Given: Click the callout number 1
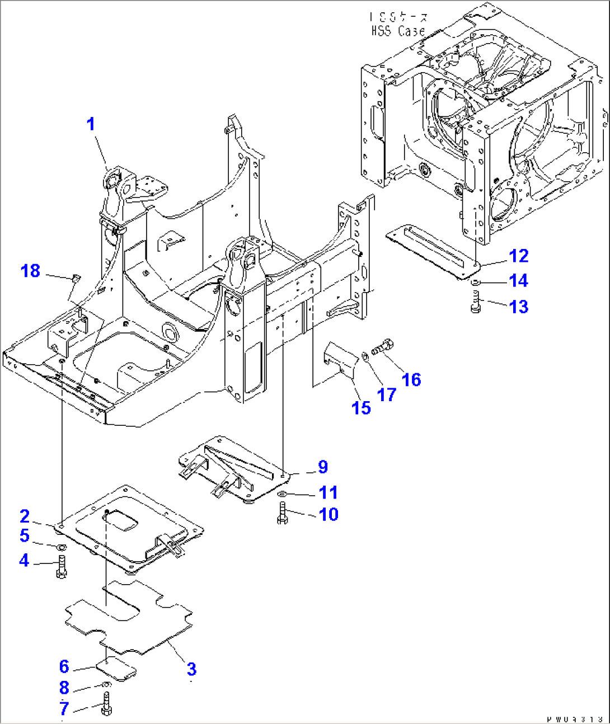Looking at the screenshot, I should pos(91,124).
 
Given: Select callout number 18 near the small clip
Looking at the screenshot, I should pos(30,271).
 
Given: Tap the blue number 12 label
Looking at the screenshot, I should pos(518,256).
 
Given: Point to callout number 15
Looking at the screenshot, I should pos(361,408).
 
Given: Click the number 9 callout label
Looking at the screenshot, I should pos(323,467).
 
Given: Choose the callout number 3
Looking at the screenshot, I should pos(191,669).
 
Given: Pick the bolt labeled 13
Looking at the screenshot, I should pos(476,304).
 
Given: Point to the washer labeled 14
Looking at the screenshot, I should pos(475,281).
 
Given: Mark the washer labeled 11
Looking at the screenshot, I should pos(283,493).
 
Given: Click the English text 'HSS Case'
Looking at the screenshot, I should pos(398,31).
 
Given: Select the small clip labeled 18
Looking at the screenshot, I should pos(77,278).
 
